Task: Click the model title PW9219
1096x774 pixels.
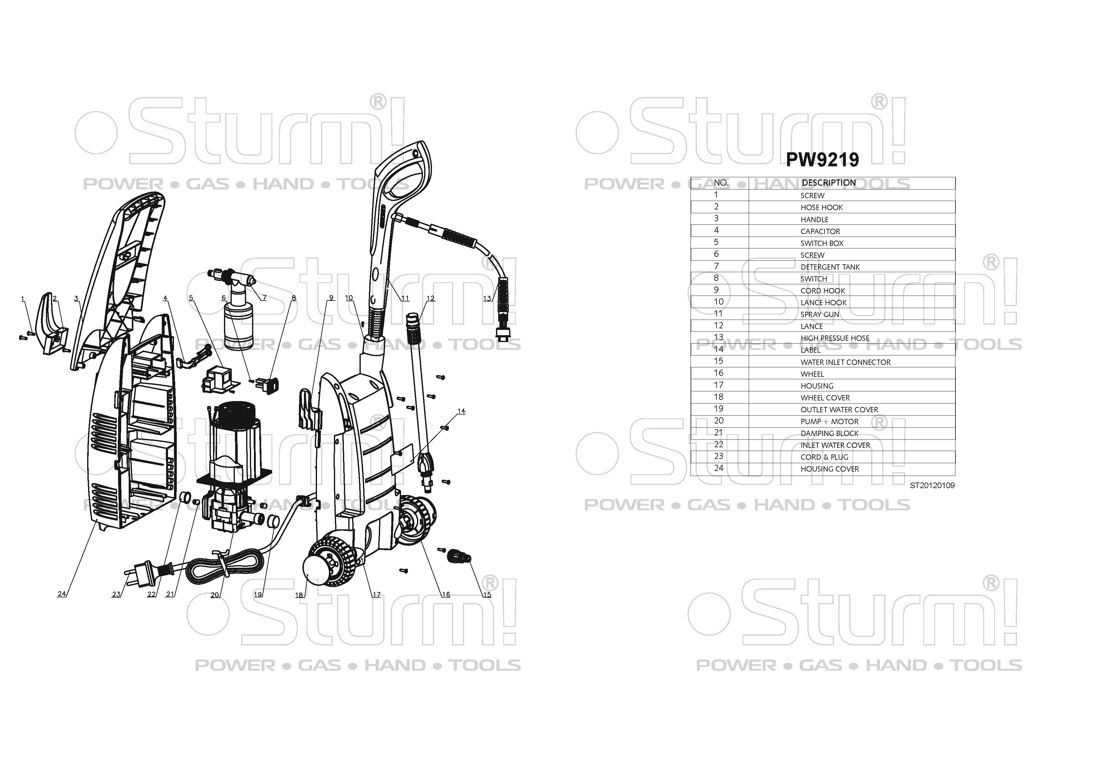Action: pyautogui.click(x=822, y=160)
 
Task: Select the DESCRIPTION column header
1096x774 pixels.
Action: pyautogui.click(x=829, y=183)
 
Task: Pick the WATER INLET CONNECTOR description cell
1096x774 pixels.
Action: pyautogui.click(x=846, y=362)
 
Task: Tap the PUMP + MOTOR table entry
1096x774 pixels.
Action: pyautogui.click(x=829, y=422)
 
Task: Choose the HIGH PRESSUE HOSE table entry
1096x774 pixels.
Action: pyautogui.click(x=835, y=338)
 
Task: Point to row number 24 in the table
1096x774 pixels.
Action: pyautogui.click(x=718, y=468)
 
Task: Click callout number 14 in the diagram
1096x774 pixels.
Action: pyautogui.click(x=461, y=411)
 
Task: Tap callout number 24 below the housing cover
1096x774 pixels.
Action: pyautogui.click(x=62, y=594)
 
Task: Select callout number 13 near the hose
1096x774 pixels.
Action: pyautogui.click(x=487, y=299)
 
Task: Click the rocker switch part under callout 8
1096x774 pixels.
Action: pyautogui.click(x=268, y=385)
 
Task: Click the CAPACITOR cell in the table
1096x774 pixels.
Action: pyautogui.click(x=820, y=231)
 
